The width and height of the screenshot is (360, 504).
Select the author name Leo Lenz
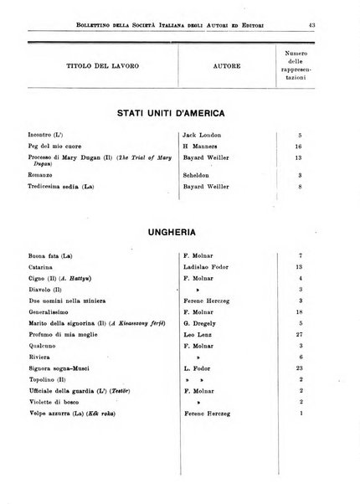tap(201, 332)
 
